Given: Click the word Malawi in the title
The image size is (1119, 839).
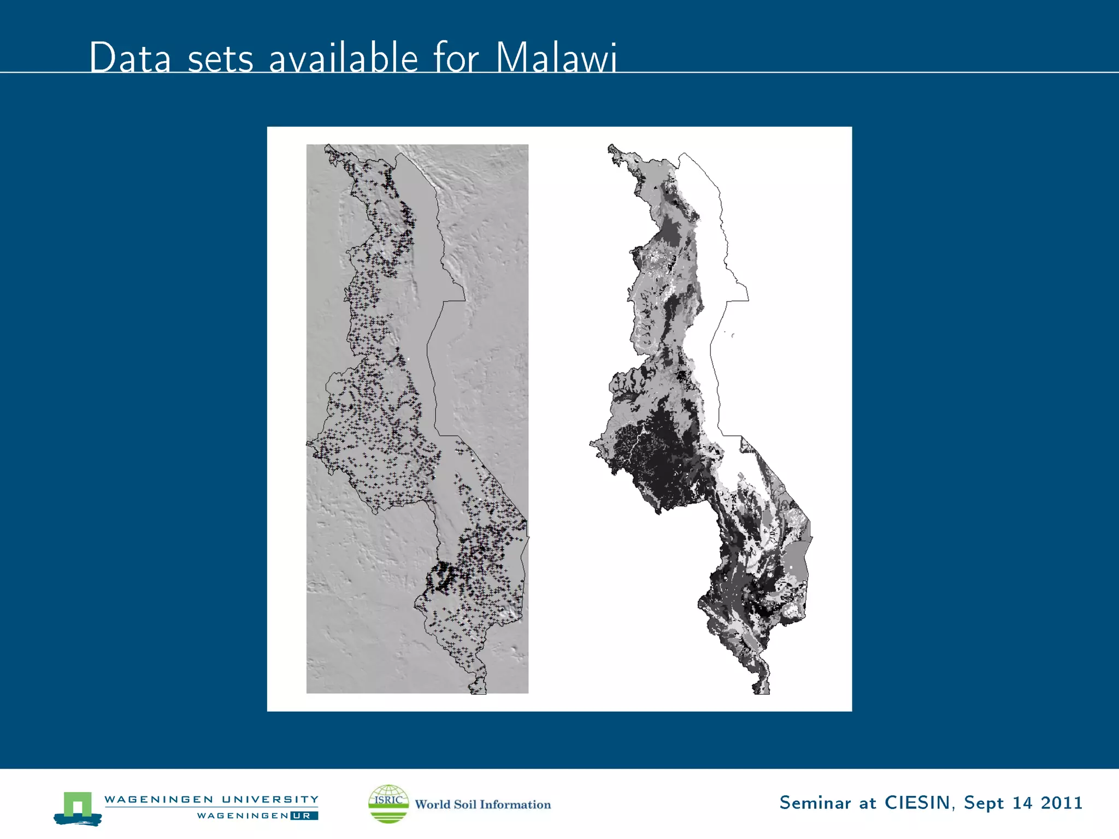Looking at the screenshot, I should [x=556, y=57].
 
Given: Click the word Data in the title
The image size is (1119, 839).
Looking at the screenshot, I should [x=130, y=57].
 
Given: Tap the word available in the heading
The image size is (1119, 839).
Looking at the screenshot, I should [x=343, y=57].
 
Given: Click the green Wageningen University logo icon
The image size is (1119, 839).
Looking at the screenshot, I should [x=78, y=808].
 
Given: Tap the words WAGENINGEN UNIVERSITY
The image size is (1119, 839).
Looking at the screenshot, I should [x=211, y=799].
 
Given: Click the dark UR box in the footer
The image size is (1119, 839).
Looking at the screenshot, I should [x=304, y=816].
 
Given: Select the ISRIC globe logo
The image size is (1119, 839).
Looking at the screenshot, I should [x=388, y=803].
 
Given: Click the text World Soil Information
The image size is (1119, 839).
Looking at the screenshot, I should [x=482, y=805].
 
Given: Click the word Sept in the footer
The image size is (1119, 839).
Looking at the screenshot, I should [x=983, y=803].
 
